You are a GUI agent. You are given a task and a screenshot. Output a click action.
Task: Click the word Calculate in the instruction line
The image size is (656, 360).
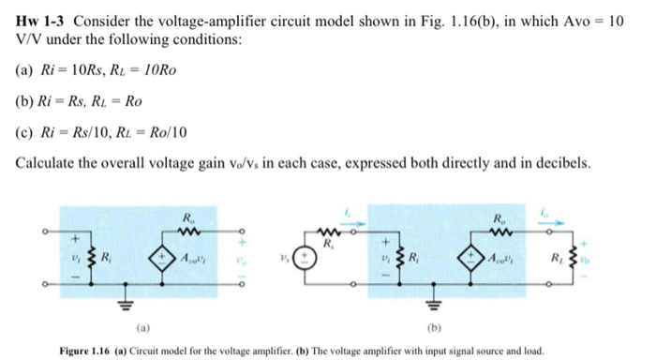(46, 162)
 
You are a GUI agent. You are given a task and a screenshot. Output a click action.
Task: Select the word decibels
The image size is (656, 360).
(562, 162)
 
